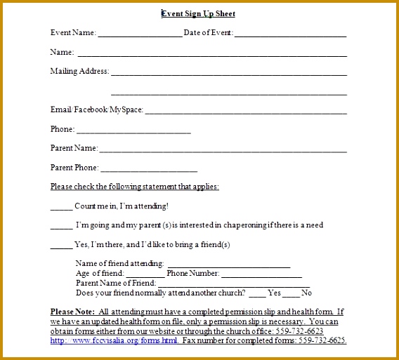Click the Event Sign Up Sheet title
[199, 13]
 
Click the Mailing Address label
[79, 71]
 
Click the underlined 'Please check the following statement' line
[135, 187]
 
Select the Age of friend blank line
[145, 274]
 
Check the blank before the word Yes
[258, 294]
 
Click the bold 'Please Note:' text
[73, 312]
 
